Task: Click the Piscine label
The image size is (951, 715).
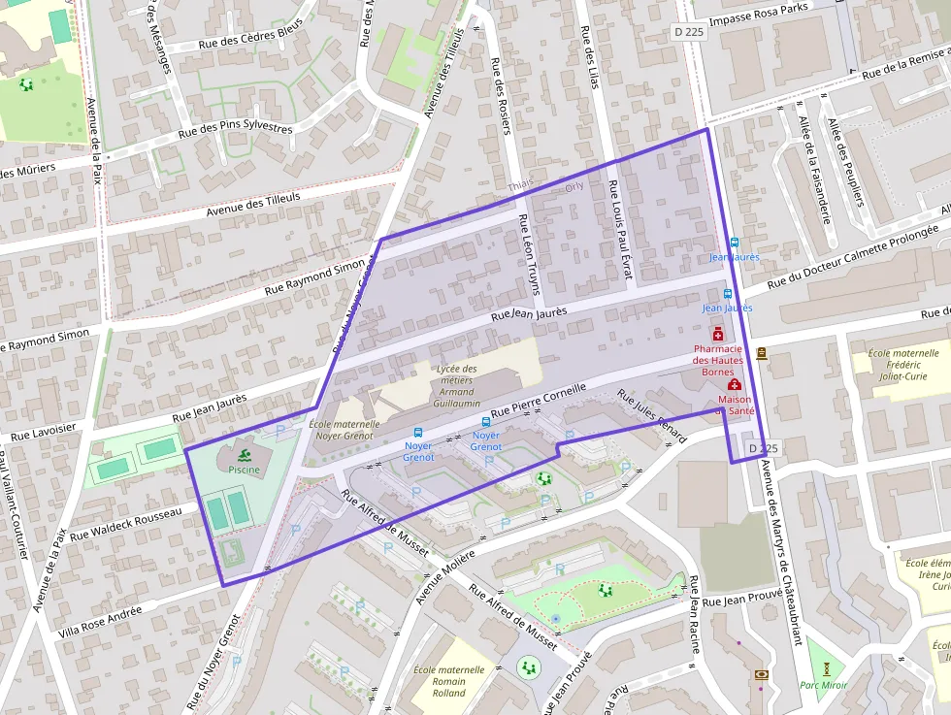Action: tap(244, 470)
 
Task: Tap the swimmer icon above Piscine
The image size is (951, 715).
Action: tap(244, 455)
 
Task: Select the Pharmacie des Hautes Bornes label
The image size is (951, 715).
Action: tap(718, 360)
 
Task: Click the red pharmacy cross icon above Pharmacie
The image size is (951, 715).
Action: tap(718, 335)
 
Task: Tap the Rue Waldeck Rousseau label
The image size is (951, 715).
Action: tap(126, 523)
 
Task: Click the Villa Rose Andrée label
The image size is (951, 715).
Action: tap(100, 618)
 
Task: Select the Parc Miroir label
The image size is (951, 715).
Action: tap(824, 685)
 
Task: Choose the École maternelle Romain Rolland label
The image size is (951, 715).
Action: tap(448, 681)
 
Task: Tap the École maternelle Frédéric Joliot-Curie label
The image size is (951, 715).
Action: tap(898, 366)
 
